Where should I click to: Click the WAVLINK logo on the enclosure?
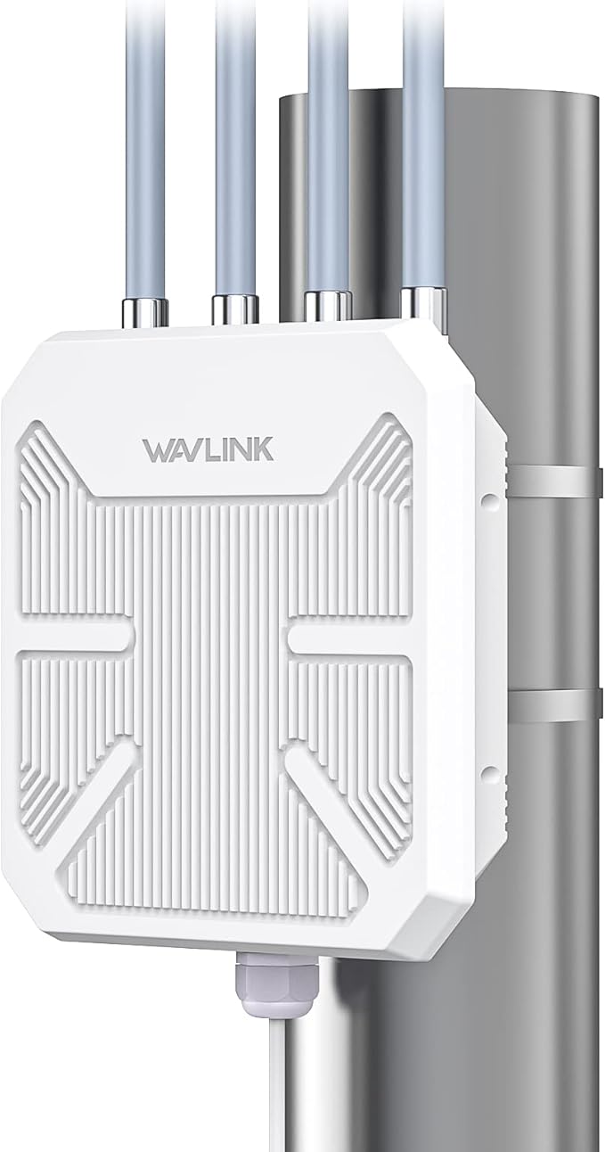[208, 448]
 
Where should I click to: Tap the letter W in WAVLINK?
[157, 448]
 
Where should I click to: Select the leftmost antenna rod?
[144, 143]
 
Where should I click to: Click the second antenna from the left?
[235, 143]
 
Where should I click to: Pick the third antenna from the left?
[327, 143]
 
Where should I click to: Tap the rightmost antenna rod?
[422, 143]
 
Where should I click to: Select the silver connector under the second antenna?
[234, 309]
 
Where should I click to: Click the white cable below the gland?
[266, 1088]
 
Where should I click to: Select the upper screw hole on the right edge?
[489, 499]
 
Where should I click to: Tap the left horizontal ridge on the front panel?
[76, 635]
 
